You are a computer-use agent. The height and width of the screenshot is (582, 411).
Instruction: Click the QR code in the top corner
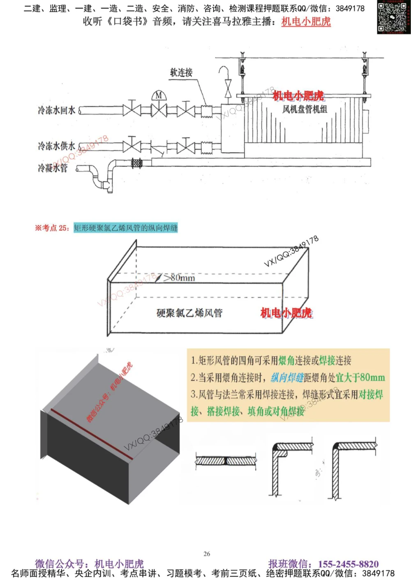tap(393, 17)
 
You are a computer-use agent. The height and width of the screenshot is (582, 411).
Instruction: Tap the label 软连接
tap(181, 72)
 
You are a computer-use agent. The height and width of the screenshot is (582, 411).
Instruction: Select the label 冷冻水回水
tap(56, 110)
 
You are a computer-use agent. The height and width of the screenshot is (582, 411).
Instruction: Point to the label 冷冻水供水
tap(56, 146)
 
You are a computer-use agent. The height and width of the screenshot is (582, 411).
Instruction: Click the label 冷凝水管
tap(53, 168)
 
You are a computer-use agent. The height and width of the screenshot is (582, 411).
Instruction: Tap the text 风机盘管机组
tap(305, 109)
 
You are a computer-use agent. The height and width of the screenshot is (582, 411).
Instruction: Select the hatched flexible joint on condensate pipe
tap(136, 163)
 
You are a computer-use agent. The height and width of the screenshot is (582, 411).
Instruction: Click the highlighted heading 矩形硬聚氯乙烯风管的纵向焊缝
tap(125, 228)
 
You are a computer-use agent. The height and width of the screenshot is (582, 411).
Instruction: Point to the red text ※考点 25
tap(52, 228)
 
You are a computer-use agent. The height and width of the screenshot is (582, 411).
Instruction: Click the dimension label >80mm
tap(179, 278)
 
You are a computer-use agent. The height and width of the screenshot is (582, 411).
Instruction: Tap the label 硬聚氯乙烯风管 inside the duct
tap(189, 313)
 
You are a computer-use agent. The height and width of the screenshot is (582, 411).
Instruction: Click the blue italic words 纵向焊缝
tap(287, 377)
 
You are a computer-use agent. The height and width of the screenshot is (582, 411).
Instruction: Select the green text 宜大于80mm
tap(360, 377)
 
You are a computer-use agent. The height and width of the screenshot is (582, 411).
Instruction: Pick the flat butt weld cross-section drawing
tap(226, 460)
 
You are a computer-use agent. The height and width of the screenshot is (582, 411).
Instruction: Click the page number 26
tap(207, 554)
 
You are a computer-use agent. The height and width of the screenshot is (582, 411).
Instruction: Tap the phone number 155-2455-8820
tap(348, 563)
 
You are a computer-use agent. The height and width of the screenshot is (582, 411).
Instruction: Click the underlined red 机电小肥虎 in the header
tap(306, 21)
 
